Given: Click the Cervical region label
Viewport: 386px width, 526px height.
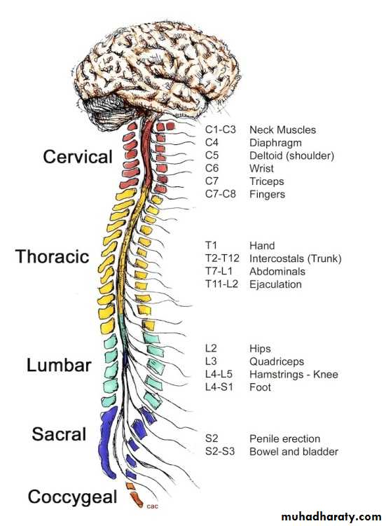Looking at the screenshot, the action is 78,157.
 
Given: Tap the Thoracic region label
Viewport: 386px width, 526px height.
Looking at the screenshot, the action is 53,256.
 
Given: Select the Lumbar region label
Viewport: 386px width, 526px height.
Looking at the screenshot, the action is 59,365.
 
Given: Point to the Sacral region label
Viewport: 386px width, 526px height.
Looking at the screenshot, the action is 59,434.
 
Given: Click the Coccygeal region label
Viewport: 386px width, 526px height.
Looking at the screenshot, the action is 72,497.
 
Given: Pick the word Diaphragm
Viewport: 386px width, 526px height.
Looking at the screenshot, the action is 275,143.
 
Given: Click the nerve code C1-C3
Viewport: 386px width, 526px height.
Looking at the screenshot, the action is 221,130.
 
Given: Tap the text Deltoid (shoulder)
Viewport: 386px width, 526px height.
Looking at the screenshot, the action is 291,155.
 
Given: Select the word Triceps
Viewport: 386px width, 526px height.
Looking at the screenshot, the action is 266,181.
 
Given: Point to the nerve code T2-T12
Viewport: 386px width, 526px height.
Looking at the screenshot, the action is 222,258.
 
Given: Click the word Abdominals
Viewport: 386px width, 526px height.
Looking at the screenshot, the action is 277,271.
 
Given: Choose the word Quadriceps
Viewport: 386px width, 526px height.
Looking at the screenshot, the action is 277,361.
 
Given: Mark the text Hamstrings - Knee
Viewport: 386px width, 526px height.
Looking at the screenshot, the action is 294,375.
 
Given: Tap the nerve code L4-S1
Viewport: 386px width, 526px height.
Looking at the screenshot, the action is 219,387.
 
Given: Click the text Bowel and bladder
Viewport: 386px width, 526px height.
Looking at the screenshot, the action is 294,452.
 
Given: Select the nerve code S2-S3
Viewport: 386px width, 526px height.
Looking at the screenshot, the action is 220,452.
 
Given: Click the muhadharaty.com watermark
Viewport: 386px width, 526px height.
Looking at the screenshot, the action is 331,516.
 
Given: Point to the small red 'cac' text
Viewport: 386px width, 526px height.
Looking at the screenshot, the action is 153,506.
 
